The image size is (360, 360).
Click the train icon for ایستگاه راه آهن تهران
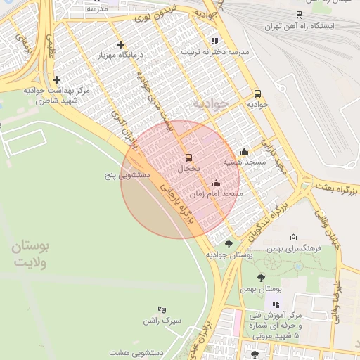(300, 14)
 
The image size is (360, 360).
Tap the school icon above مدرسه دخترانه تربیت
(214, 41)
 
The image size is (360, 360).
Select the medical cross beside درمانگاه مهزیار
(121, 44)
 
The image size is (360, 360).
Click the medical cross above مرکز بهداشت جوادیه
(56, 79)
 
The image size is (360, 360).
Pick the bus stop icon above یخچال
(188, 158)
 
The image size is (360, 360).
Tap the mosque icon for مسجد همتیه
(244, 151)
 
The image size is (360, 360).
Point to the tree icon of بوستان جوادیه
(229, 244)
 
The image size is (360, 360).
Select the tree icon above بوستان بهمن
(262, 278)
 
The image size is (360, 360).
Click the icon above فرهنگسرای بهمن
(293, 238)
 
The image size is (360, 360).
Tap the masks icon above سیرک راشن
(162, 309)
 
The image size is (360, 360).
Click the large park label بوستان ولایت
(31, 255)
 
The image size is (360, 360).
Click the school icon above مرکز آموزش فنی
(276, 304)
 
